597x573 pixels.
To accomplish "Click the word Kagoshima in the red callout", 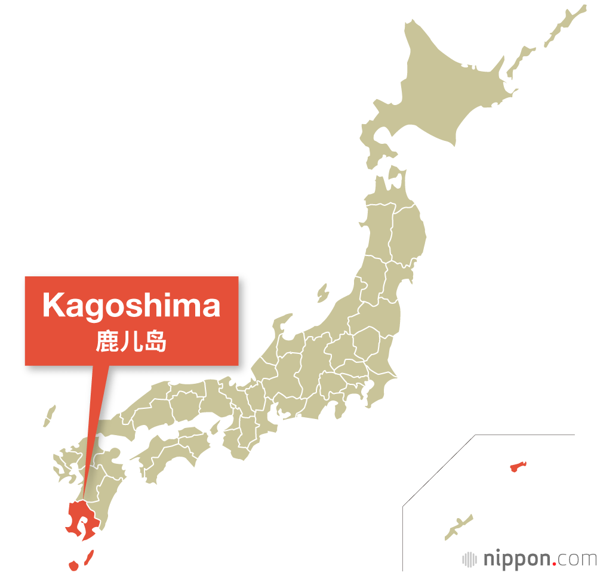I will point(131,306).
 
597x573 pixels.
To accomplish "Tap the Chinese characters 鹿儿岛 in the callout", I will point(131,341).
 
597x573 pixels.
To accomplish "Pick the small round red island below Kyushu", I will point(73,565).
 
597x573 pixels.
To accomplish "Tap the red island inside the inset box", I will point(517,466).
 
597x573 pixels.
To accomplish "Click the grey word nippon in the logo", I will point(516,559).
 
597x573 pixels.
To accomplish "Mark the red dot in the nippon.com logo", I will point(555,564).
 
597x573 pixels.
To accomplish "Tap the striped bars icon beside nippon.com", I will point(470,559).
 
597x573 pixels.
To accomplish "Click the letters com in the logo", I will point(577,560).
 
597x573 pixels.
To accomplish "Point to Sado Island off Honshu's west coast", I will point(323,293).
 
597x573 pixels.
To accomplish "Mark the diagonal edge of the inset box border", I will point(439,470).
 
